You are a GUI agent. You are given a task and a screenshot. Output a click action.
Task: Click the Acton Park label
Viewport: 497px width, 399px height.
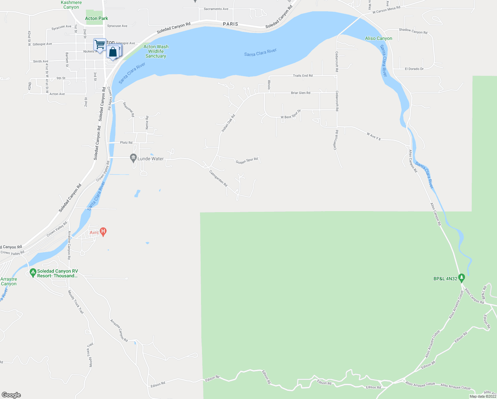tap(96, 19)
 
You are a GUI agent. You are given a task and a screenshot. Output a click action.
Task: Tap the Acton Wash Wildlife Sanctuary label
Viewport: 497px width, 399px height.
tap(156, 52)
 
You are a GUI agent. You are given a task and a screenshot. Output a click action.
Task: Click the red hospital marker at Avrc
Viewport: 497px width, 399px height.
tap(103, 231)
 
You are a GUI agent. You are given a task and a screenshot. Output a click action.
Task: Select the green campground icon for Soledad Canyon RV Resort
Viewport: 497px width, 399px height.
tap(33, 273)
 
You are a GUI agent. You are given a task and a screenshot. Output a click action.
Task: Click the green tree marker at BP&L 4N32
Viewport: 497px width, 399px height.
tap(461, 277)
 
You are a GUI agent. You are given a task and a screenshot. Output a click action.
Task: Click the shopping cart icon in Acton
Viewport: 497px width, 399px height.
tap(100, 45)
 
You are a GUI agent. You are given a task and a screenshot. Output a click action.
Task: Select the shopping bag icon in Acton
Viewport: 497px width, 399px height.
tap(113, 53)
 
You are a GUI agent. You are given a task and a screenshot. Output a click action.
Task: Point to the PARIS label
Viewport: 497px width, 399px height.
tap(231, 24)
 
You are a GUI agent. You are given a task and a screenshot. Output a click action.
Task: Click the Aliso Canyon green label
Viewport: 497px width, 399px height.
tap(378, 39)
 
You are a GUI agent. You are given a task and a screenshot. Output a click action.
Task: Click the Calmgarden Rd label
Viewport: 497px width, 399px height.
tap(218, 178)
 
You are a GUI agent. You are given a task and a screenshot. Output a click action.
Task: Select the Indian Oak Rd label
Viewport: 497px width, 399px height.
tap(228, 123)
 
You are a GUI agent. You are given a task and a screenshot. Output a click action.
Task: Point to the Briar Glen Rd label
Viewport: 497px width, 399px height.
tap(300, 93)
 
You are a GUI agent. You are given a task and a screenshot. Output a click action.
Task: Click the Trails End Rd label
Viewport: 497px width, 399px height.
tap(302, 76)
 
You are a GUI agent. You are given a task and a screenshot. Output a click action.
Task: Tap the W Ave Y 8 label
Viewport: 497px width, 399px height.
tap(373, 136)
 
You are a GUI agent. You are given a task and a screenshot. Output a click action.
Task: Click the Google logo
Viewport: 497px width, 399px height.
tap(11, 395)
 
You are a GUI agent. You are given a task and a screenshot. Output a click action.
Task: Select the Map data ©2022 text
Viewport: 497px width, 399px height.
tap(483, 396)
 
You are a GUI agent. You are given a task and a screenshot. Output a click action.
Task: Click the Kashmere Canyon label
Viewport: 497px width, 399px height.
tap(71, 5)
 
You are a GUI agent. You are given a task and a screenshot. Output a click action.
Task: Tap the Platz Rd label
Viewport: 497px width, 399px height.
tap(126, 143)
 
